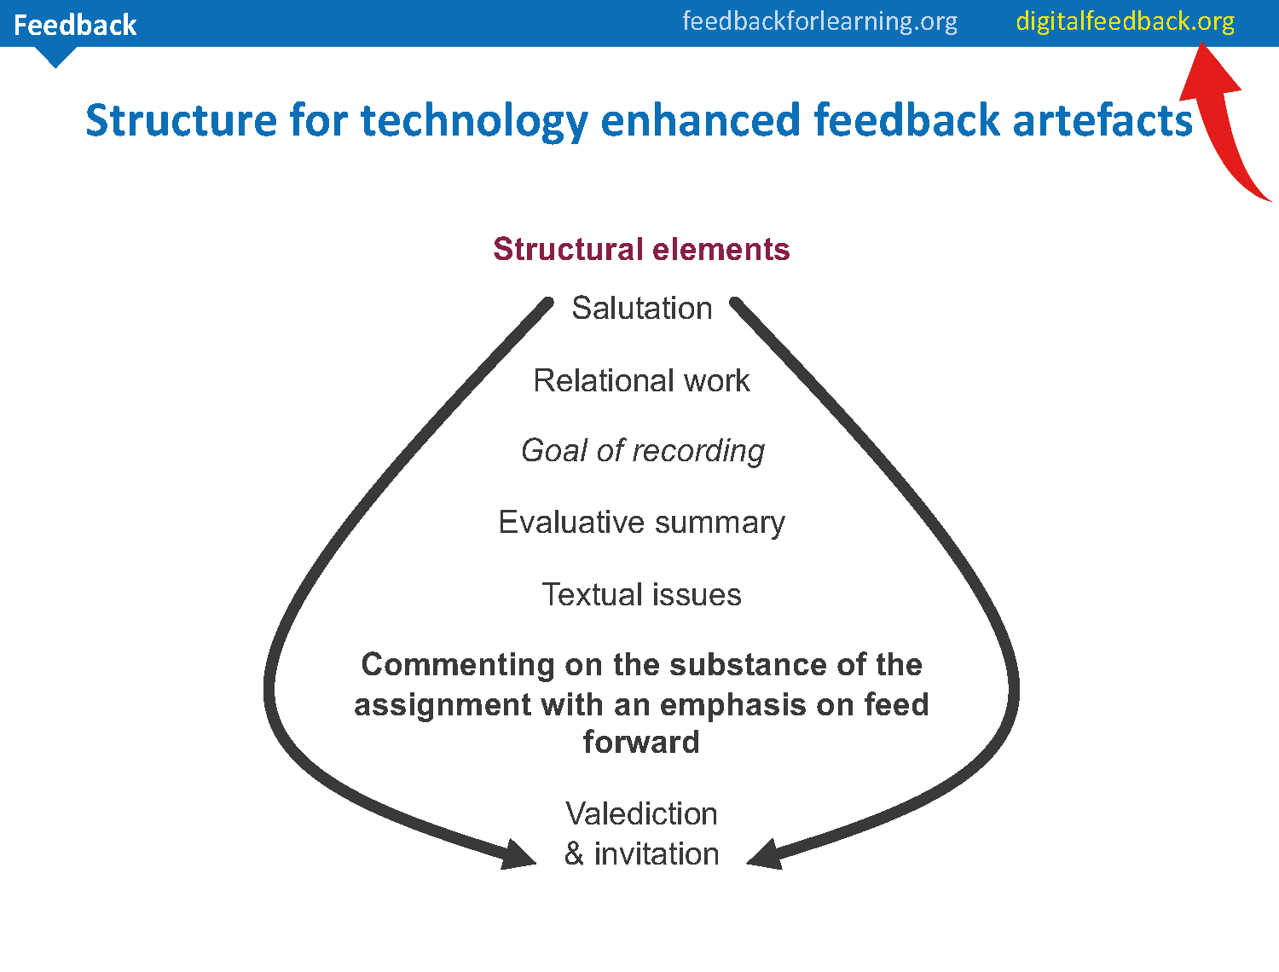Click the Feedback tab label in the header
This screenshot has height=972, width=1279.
75,25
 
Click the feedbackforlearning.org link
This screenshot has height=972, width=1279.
819,20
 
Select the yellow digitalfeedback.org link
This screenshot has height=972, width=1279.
1125,21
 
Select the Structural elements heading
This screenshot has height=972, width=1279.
641,249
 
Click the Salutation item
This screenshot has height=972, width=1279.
641,308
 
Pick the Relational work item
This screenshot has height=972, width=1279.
641,380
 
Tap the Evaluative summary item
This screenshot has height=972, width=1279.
641,522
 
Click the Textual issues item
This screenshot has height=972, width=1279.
641,594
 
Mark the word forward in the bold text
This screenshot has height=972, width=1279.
641,742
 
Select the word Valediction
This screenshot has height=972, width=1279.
641,813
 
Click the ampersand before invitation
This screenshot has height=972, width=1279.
574,853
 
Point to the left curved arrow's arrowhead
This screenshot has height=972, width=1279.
518,855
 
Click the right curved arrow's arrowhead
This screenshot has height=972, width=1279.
765,855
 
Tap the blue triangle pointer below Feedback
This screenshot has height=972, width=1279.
55,56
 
